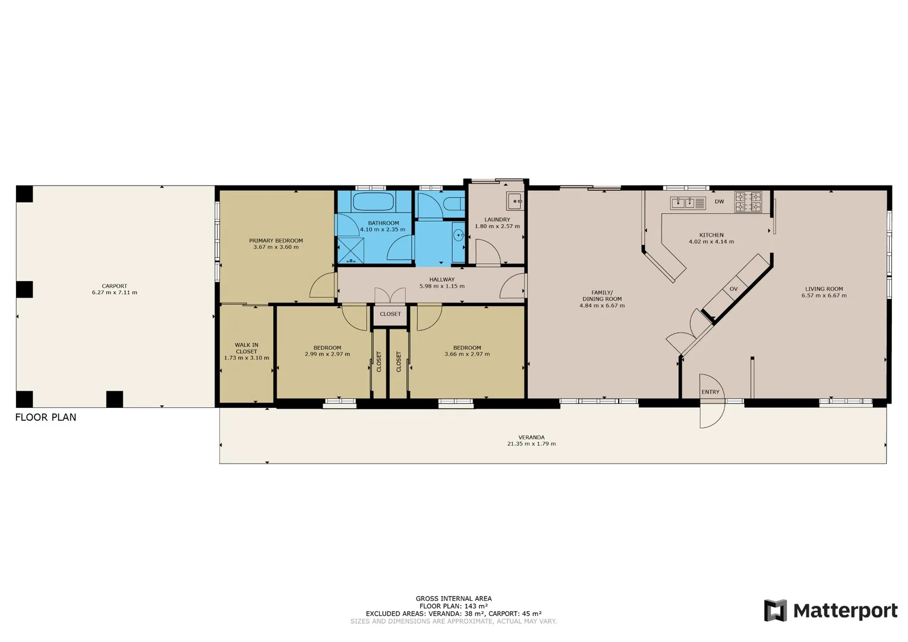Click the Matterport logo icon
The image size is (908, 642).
point(775,610)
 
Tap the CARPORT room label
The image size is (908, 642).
point(115,286)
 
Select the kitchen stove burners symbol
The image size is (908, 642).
point(748,202)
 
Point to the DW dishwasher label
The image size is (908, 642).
point(719,202)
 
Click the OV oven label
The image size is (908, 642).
point(733,289)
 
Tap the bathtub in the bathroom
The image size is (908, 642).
point(373,202)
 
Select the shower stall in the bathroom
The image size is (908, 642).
point(351,250)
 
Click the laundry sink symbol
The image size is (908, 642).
point(515,201)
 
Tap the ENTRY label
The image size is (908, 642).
point(710,392)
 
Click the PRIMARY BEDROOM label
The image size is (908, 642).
point(276,241)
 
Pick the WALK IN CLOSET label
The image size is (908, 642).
point(247,348)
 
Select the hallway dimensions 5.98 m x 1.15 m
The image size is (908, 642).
point(442,286)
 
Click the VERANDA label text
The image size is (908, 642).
point(531,437)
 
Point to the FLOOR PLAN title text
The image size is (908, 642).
point(46,417)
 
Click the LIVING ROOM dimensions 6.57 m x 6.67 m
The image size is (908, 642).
point(824,295)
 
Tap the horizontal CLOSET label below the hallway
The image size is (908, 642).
point(390,314)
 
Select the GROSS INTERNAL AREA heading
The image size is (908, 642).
point(453,599)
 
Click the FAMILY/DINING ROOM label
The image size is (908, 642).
point(602,295)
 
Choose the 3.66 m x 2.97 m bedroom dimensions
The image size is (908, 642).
point(467,354)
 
